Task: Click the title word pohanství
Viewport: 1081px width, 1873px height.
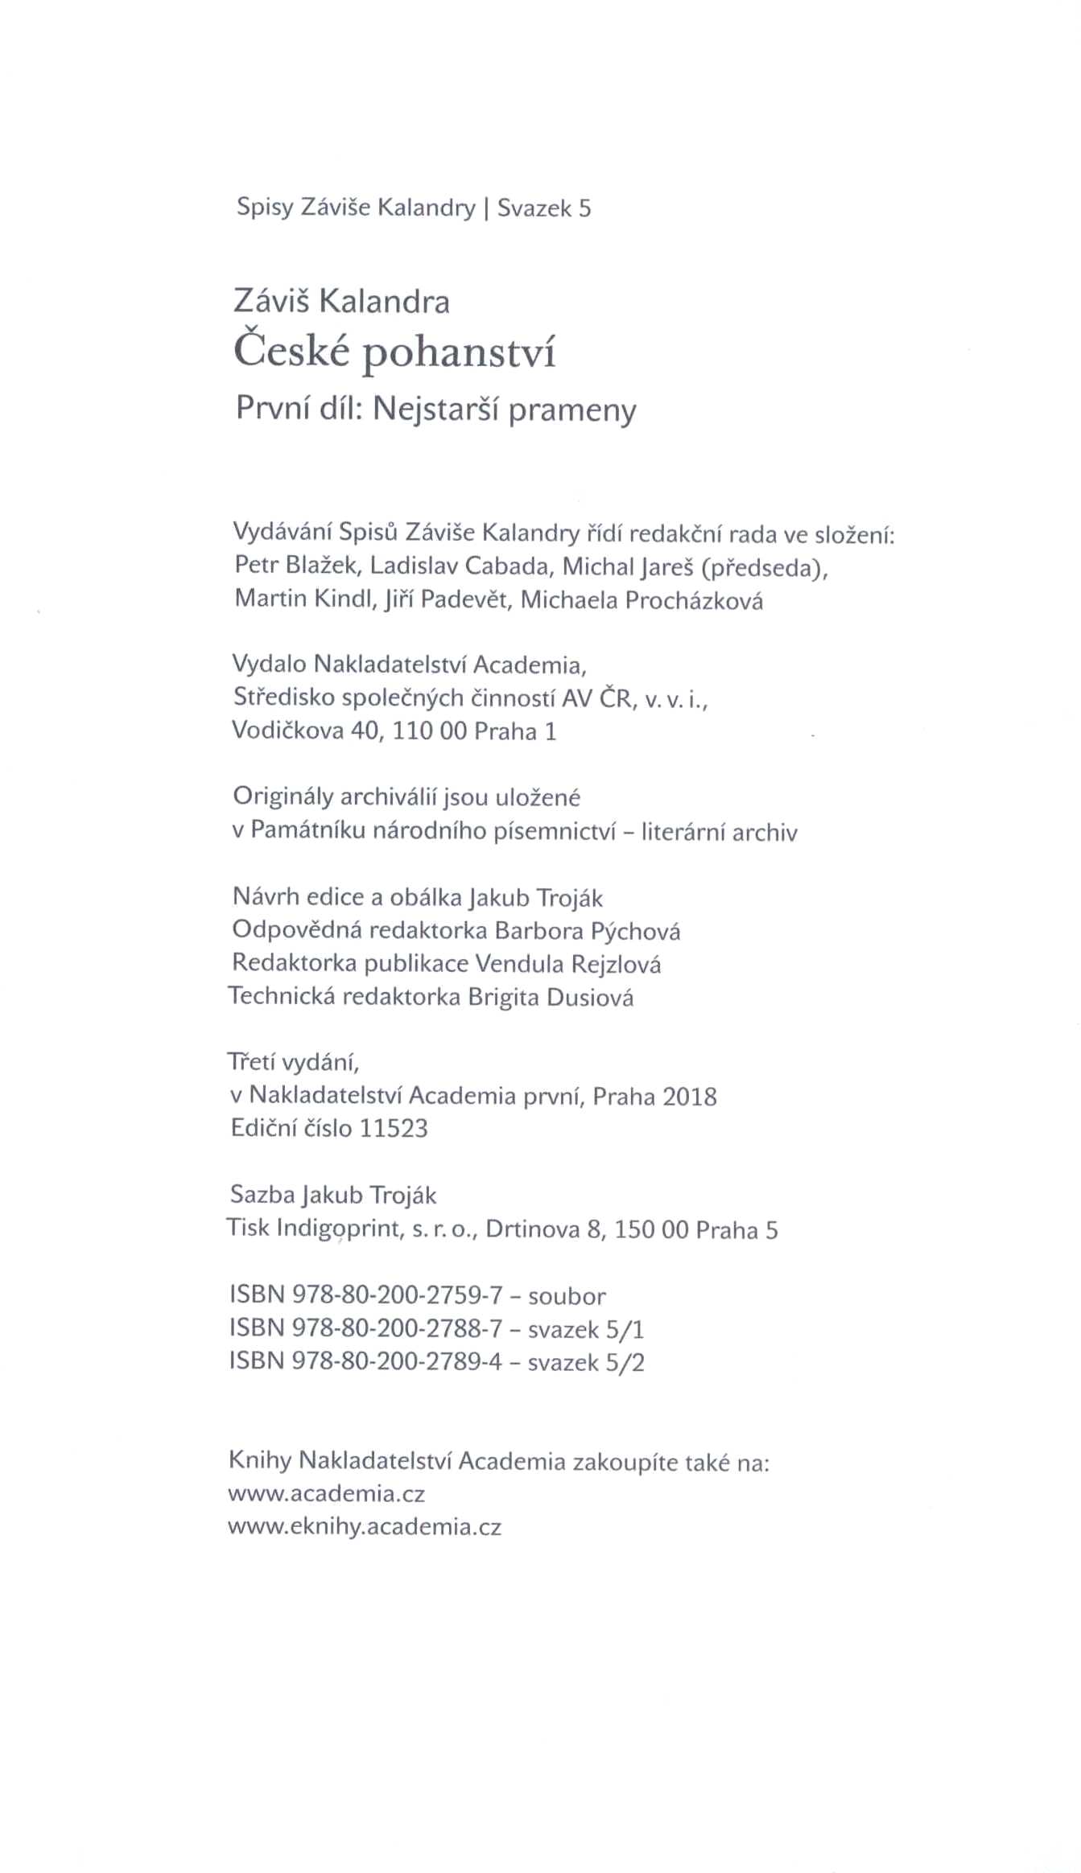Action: pyautogui.click(x=459, y=355)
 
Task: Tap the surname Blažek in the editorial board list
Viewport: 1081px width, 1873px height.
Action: pyautogui.click(x=321, y=566)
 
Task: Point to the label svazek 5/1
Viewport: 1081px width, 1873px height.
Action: pyautogui.click(x=586, y=1329)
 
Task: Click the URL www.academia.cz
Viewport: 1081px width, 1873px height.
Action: pyautogui.click(x=327, y=1494)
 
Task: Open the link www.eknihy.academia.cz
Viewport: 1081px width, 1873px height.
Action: pyautogui.click(x=365, y=1527)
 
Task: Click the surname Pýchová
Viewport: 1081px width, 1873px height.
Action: pyautogui.click(x=635, y=931)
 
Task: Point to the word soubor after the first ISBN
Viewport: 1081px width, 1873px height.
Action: pyautogui.click(x=567, y=1296)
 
